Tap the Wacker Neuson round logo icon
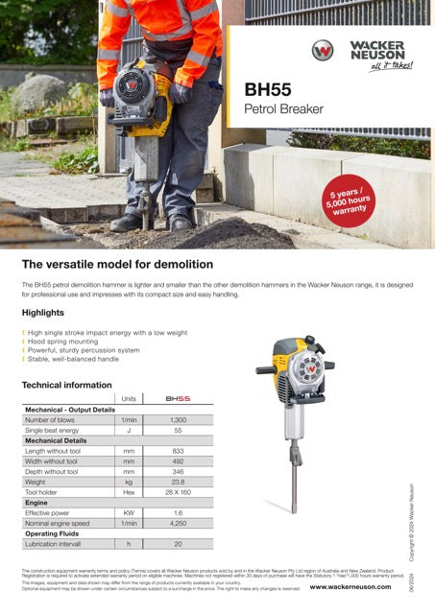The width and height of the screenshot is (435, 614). coord(323,52)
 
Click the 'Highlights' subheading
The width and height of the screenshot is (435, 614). coord(43,313)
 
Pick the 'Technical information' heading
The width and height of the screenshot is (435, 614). coord(66,385)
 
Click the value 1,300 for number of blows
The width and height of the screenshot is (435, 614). coord(178,420)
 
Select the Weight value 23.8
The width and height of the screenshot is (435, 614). coord(178,483)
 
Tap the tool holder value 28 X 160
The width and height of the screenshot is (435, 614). coord(178,492)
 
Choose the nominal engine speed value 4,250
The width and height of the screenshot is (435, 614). coord(178,523)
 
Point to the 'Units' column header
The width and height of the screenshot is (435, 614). coord(128,398)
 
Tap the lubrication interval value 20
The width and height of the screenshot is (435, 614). coord(178,544)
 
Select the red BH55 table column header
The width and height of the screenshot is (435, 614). coord(178,398)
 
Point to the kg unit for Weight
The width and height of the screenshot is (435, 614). coord(128,483)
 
